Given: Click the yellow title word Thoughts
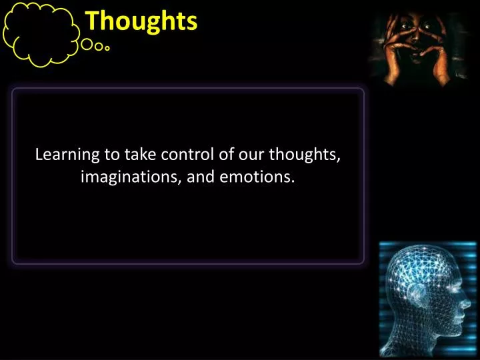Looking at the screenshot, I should pos(141,21).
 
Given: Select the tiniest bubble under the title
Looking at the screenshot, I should pos(107,48).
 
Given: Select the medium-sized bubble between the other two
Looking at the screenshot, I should pos(99,47).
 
